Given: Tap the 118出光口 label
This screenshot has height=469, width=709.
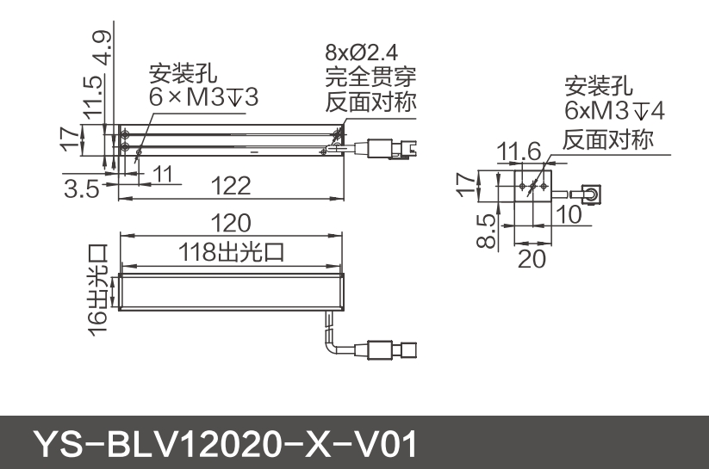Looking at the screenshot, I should tap(231, 252).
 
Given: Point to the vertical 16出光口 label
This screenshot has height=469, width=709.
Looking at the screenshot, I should tap(97, 289).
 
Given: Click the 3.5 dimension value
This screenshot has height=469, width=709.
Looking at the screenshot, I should tap(81, 188).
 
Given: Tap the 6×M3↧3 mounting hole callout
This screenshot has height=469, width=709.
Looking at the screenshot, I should tap(203, 97).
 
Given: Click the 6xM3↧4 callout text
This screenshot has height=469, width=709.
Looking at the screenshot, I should tap(614, 111).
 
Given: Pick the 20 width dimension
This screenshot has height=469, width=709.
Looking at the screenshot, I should tap(532, 257).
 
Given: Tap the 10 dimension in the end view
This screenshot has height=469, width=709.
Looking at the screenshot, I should tap(568, 215).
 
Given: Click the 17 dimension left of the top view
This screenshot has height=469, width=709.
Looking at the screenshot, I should tap(70, 139).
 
